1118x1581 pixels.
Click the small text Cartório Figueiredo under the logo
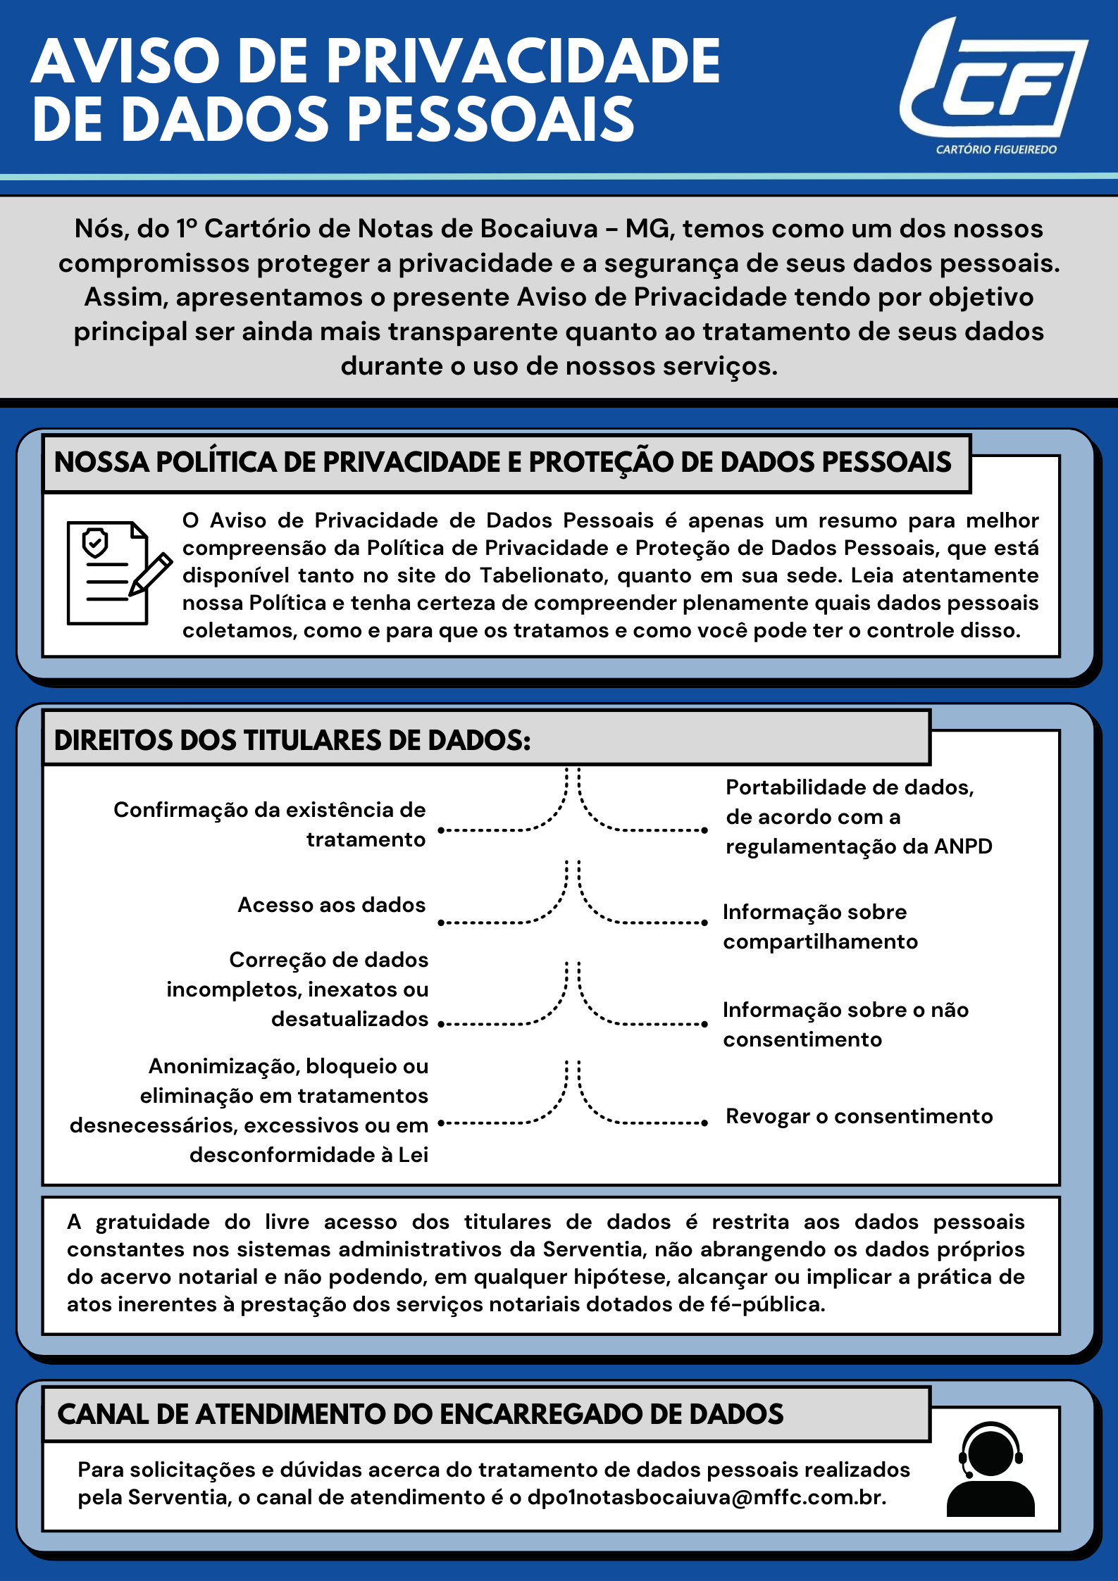point(996,149)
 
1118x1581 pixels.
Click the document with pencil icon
point(116,573)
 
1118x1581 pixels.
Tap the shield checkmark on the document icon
point(95,542)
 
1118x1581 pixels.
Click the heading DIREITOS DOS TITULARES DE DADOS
point(292,740)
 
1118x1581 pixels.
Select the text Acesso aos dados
point(331,905)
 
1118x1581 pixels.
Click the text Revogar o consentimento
point(859,1116)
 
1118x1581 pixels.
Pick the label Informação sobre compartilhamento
point(819,927)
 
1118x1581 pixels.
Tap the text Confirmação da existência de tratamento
point(270,825)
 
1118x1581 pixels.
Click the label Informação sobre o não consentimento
point(845,1025)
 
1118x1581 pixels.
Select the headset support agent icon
point(990,1469)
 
